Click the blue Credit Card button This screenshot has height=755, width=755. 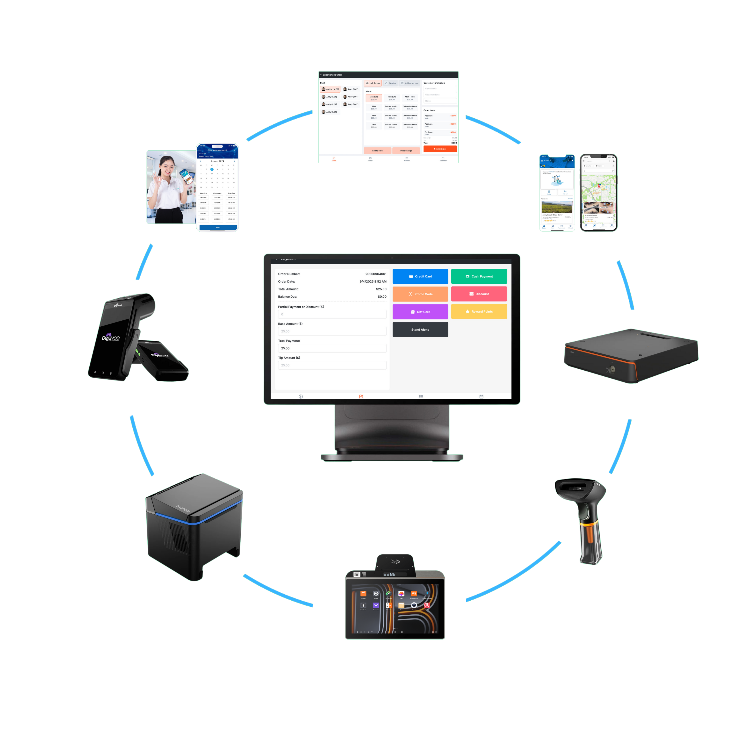point(420,276)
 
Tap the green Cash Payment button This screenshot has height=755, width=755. point(479,276)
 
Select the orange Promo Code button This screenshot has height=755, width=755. point(420,294)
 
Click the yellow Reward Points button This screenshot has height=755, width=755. point(479,311)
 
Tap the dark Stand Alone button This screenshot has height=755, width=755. point(420,330)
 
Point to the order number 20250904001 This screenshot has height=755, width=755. point(375,274)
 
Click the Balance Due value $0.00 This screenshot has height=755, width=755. point(382,297)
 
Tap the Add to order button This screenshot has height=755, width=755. point(377,151)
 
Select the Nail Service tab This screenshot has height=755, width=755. point(373,83)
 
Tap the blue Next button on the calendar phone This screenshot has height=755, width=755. point(218,227)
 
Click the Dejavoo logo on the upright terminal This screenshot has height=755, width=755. point(111,338)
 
